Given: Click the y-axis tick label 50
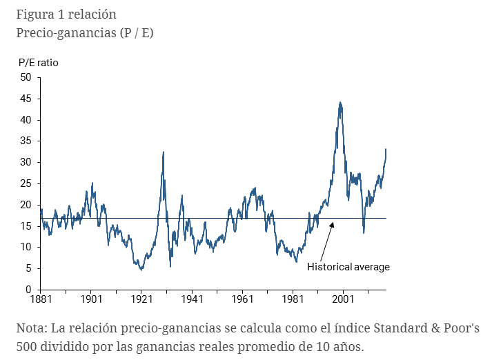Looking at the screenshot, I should point(26,77).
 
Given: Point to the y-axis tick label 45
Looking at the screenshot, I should point(26,99).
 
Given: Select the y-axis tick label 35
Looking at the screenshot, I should point(26,141).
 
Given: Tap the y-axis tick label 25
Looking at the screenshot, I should point(26,183).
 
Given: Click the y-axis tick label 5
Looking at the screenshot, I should point(29,268).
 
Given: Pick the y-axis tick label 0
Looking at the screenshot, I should point(29,290).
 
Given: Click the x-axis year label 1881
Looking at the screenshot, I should point(40,300).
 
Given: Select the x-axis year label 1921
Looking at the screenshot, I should point(141,300).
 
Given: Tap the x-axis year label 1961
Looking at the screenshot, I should point(243,300).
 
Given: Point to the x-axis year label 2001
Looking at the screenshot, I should point(344,300).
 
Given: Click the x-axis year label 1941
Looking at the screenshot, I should point(192,300).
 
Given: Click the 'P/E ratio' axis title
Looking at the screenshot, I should point(39,63).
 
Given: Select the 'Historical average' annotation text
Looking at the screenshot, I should point(348,267).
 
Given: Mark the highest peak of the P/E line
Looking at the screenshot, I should point(340,103).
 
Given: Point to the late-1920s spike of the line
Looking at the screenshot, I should point(163,152).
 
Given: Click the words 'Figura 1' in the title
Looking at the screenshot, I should point(39,14).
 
